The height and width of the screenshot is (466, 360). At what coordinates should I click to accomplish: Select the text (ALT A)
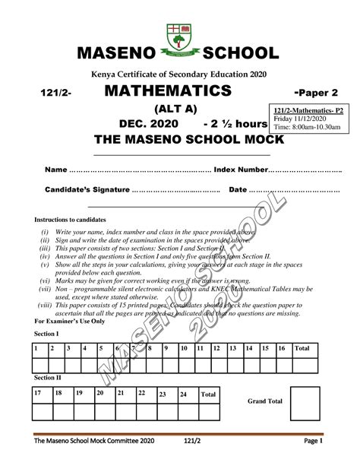click(x=178, y=108)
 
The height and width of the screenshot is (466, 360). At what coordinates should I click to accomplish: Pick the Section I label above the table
click(x=46, y=333)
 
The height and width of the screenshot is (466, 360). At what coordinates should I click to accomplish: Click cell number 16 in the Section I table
click(x=282, y=348)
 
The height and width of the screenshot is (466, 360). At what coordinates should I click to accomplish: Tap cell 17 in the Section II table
click(x=38, y=393)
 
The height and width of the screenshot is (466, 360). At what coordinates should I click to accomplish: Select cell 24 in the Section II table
click(x=183, y=395)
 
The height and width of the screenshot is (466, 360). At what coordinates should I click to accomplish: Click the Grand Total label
click(x=265, y=401)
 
